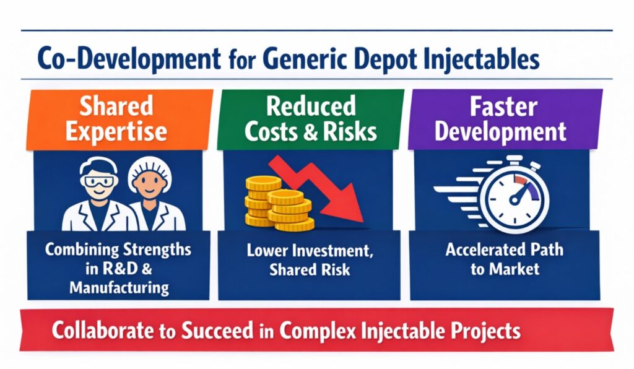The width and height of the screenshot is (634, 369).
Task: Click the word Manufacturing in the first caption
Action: point(118,287)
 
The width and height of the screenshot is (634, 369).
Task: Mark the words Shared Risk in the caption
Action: point(306,270)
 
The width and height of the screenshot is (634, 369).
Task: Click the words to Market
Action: point(505,269)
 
